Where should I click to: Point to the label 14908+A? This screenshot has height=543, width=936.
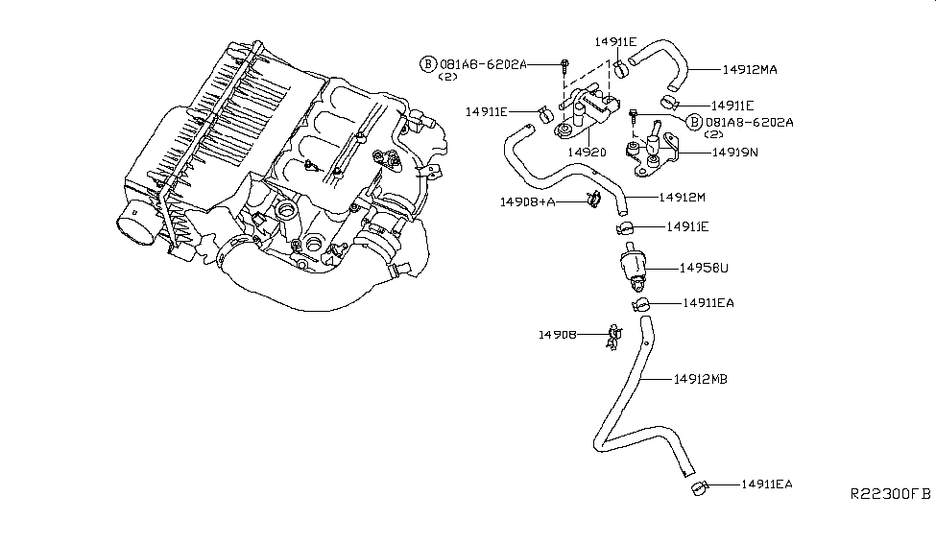(x=528, y=202)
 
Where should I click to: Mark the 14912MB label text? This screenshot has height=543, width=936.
(x=700, y=380)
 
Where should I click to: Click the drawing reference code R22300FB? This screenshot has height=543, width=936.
(x=890, y=493)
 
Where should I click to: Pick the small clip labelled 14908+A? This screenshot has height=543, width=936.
(x=591, y=200)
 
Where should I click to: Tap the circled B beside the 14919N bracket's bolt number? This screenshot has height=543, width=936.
(x=694, y=123)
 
